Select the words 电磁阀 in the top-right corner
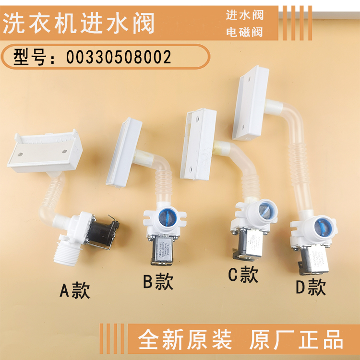tap(245, 33)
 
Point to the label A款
tap(74, 289)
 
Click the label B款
tap(158, 281)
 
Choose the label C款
tap(243, 275)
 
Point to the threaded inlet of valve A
tap(66, 250)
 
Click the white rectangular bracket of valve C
tap(198, 143)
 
